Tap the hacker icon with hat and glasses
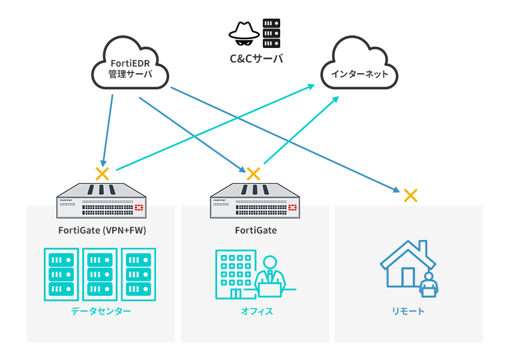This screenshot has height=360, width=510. coord(244,34)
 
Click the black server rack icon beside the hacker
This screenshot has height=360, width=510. coord(272,34)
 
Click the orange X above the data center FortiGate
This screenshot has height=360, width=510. coord(103,174)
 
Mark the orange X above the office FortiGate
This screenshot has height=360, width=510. coord(254,174)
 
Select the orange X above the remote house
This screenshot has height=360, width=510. coord(410,195)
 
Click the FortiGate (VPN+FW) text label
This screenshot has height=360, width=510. coord(102,230)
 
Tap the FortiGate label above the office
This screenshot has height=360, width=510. coord(256,230)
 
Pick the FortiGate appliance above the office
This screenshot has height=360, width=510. coord(255,200)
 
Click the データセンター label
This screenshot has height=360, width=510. coord(101,311)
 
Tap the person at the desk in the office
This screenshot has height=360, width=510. coord(270,278)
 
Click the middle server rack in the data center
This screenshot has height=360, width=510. coord(100,274)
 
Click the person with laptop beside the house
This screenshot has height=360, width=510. coord(428,284)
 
